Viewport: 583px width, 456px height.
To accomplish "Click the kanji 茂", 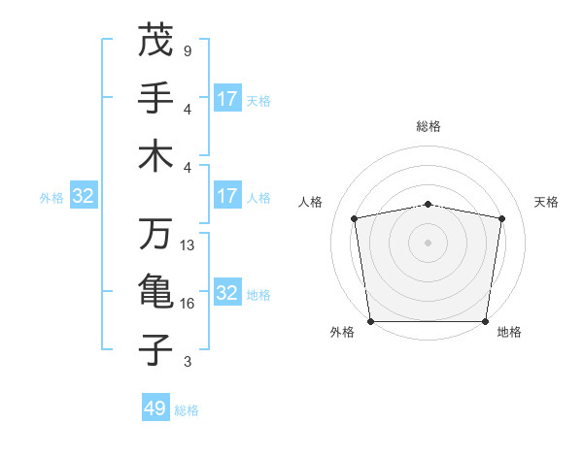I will pos(155,41).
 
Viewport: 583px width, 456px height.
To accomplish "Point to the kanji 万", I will pos(155,235).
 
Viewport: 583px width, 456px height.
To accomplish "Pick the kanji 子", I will pos(155,349).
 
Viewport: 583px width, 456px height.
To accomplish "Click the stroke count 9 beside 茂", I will pos(188,50).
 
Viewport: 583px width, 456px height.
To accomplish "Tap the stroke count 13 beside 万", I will pos(188,245).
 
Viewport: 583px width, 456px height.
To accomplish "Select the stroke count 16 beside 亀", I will pos(188,304).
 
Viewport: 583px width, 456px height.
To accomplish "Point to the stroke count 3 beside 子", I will pos(188,362).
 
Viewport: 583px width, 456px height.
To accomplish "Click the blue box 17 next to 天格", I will pos(227,99).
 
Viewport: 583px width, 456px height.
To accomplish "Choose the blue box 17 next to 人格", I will pos(227,196).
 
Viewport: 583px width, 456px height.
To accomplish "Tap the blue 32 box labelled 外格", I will pos(84,197).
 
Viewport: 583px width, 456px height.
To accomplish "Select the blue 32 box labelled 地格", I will pos(227,294).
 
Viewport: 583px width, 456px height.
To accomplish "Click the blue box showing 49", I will pos(155,408).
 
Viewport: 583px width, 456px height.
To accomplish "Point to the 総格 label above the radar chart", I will pos(428,126).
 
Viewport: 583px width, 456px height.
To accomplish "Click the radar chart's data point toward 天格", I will pos(501,218).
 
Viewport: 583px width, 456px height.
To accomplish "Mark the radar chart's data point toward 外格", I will pos(371,320).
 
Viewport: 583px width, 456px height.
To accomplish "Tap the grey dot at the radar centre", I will pos(428,242).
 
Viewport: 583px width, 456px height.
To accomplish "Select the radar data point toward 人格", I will pos(355,218).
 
